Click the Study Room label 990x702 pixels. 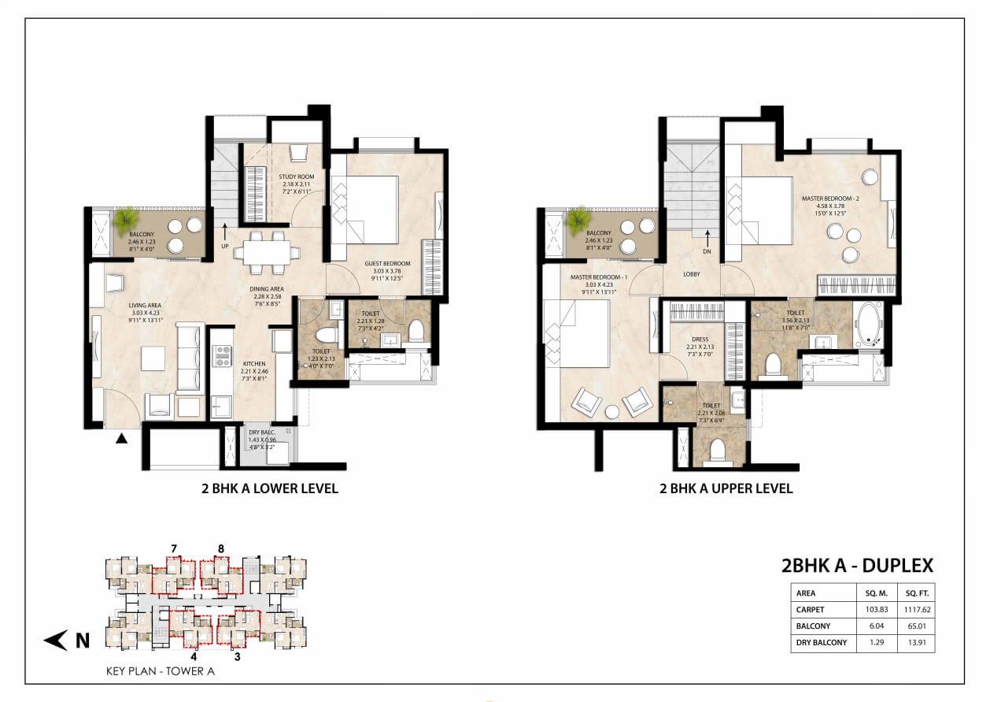coord(296,177)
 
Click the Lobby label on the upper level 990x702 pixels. coord(692,273)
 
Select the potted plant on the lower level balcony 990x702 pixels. coord(124,220)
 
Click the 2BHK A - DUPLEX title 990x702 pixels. coord(857,565)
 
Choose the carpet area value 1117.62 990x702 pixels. coord(918,609)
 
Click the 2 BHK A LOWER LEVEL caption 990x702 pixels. coord(270,488)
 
